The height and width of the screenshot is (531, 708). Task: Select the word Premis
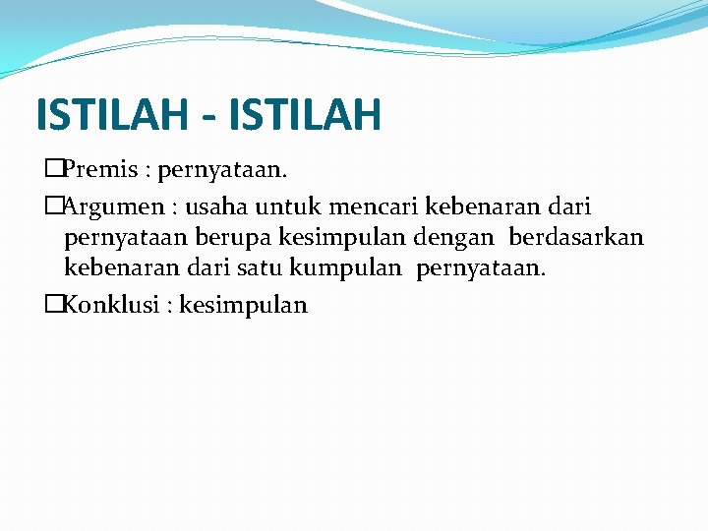(98, 170)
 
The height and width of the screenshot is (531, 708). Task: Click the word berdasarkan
(576, 237)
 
